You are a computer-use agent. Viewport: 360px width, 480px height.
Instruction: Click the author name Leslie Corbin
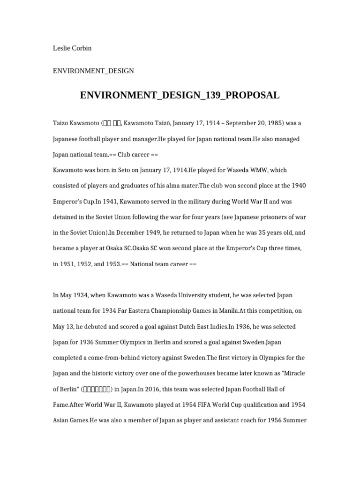point(72,48)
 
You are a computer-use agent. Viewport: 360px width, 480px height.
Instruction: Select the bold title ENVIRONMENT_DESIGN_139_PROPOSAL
point(180,96)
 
